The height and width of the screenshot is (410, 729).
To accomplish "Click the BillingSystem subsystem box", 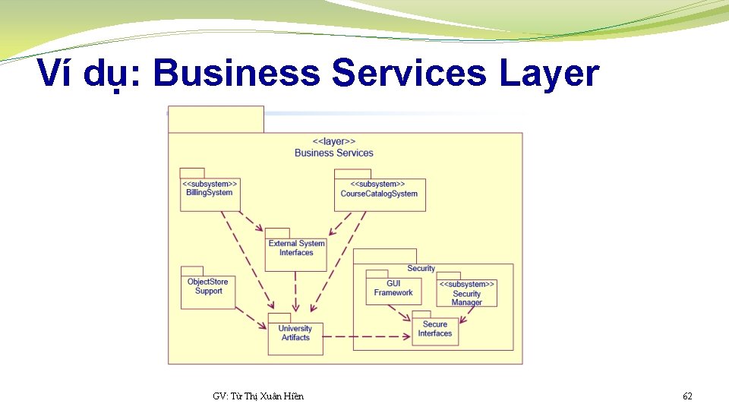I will [x=210, y=194].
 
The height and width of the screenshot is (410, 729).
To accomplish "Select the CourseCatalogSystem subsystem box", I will [x=379, y=194].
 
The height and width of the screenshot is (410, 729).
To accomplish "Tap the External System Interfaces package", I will [x=295, y=254].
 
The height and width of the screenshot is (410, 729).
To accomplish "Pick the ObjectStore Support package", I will [x=208, y=291].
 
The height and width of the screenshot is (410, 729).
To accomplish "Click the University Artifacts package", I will [x=295, y=338].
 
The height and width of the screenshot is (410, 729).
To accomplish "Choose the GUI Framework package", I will [x=393, y=291].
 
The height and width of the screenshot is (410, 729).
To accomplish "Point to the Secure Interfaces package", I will [x=435, y=331].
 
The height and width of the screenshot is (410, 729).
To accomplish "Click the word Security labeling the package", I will [x=421, y=268].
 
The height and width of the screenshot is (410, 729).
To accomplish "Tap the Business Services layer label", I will [x=334, y=153].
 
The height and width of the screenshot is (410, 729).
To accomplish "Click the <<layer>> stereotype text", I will [x=334, y=141].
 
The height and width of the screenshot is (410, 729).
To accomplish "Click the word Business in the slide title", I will [x=237, y=74].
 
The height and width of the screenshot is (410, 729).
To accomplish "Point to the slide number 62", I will [x=687, y=396].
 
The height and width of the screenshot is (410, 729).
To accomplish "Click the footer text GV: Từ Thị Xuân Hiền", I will [x=258, y=396].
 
